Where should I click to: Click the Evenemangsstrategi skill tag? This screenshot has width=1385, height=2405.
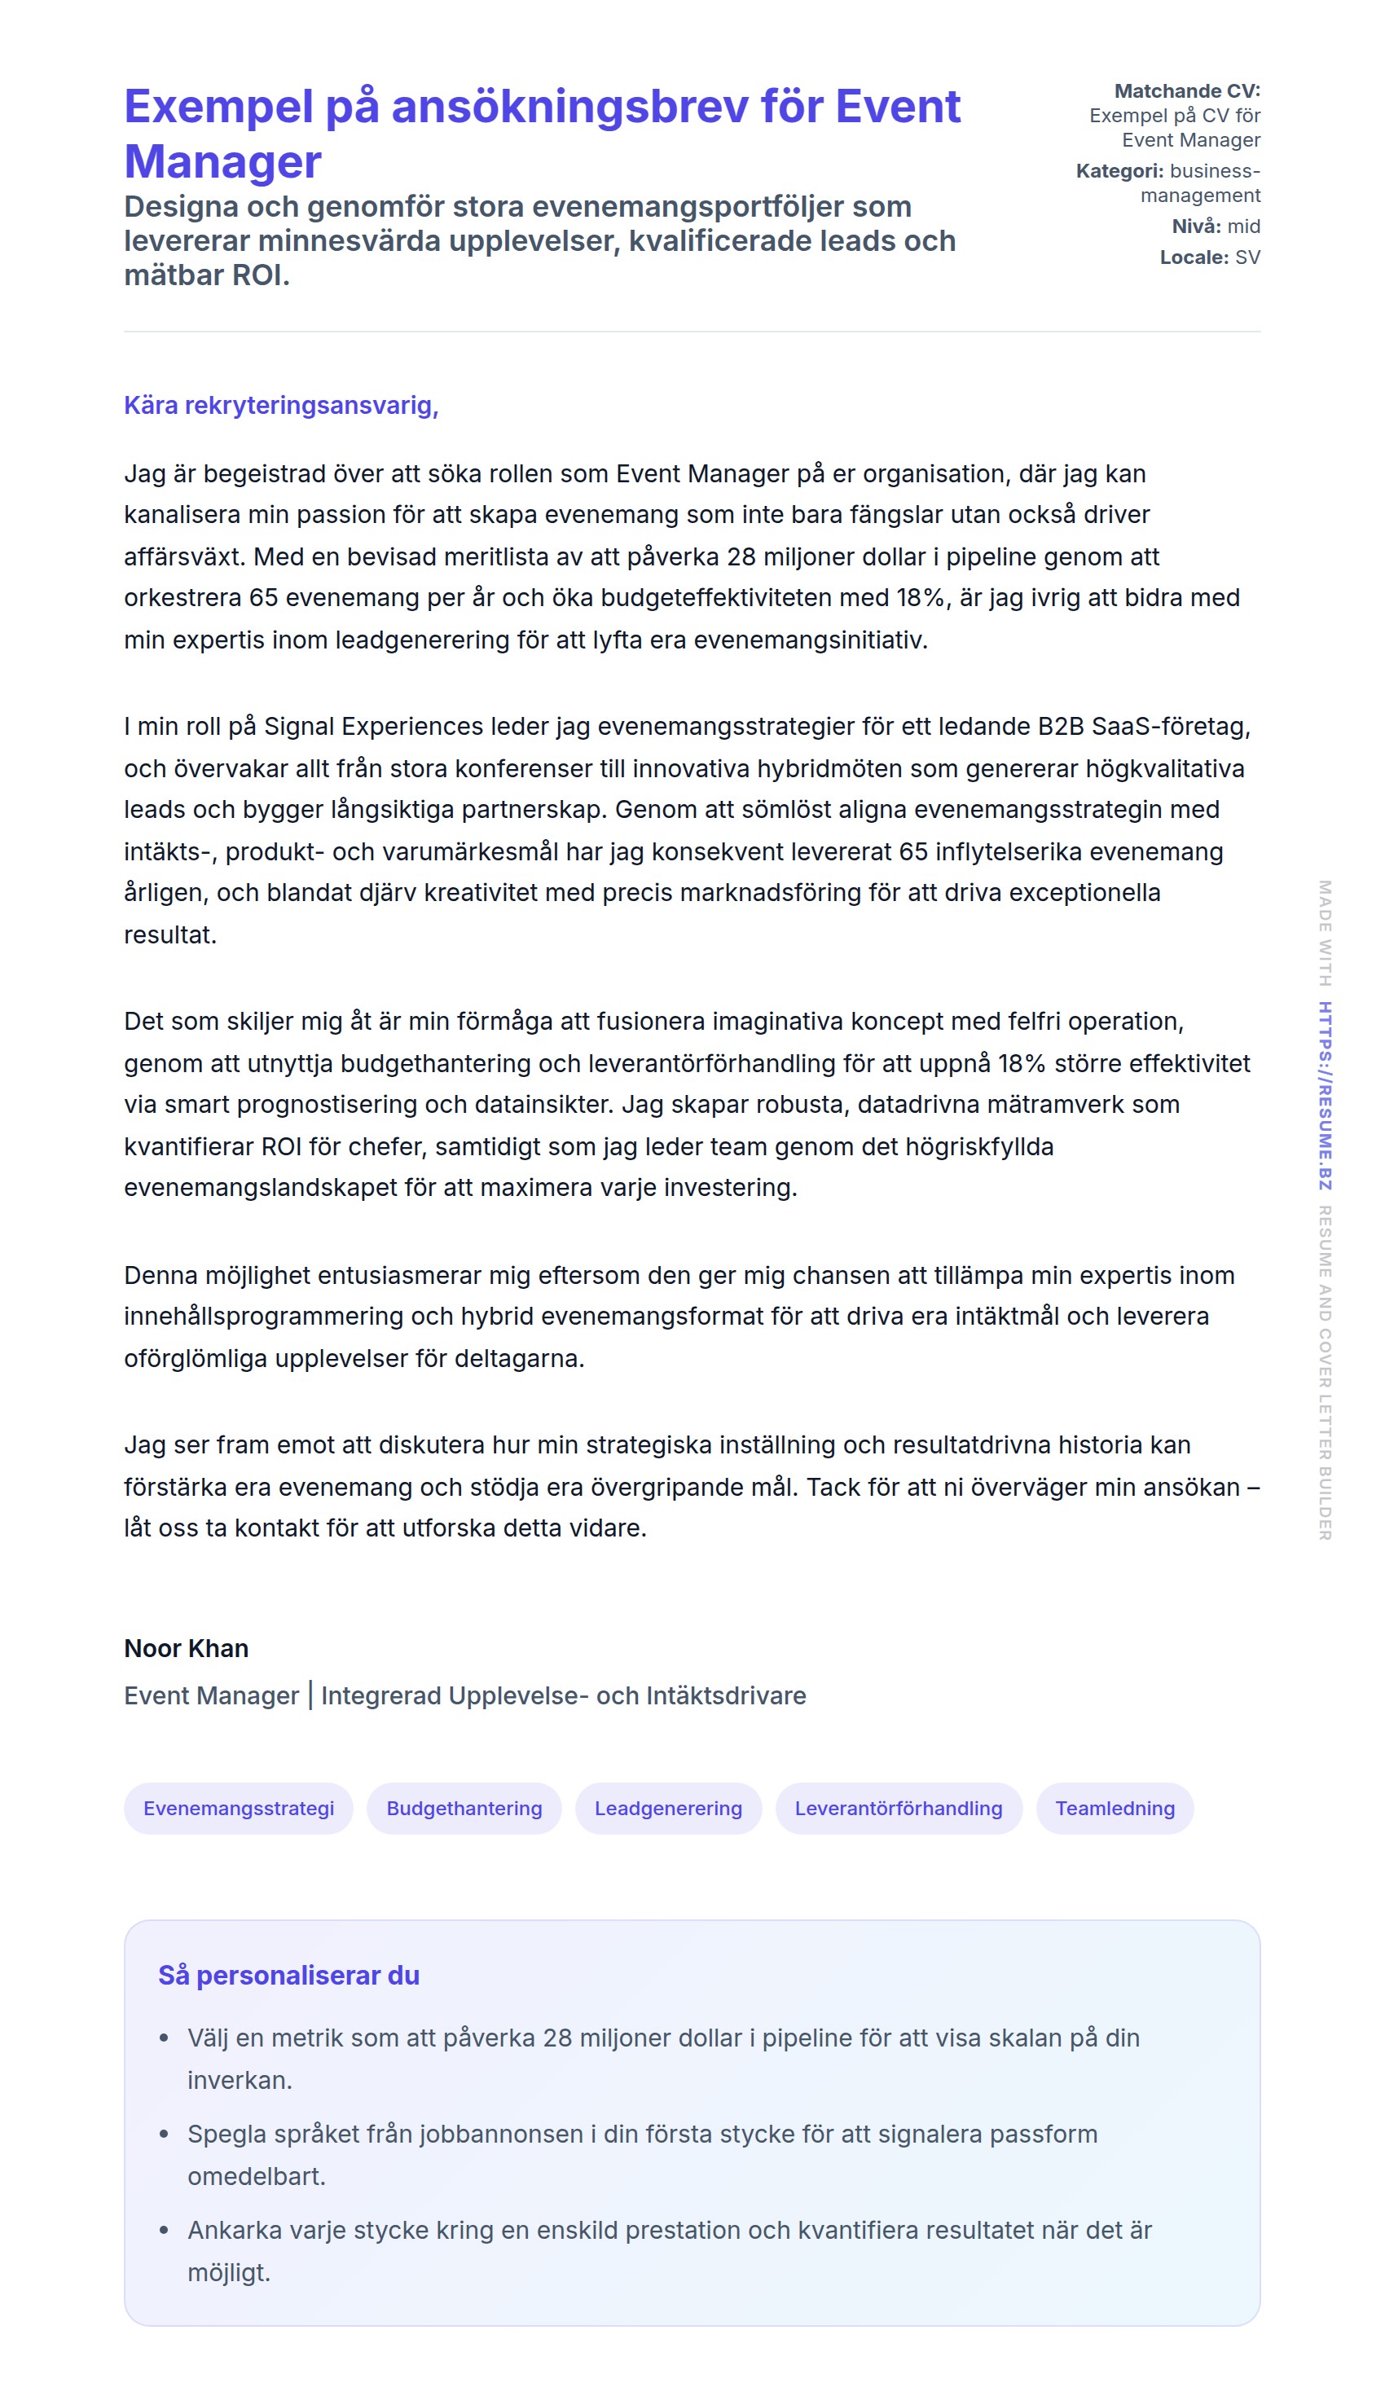(238, 1808)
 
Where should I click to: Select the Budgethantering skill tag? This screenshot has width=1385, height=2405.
(464, 1808)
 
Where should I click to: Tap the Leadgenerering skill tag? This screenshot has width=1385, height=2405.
(668, 1808)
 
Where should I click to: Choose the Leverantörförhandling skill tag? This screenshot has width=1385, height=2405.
(898, 1808)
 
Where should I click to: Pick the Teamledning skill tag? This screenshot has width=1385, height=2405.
(1114, 1808)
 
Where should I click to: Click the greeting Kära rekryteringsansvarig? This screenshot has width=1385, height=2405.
(280, 405)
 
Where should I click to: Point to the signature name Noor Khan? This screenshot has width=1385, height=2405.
(187, 1648)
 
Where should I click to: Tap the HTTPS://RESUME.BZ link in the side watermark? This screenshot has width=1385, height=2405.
(1324, 1095)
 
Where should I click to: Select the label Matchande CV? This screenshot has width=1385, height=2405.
(1186, 91)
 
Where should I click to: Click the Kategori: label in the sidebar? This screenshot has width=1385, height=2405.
(1119, 171)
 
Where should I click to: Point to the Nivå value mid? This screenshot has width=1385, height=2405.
(1243, 226)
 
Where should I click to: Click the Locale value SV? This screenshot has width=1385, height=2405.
(1247, 257)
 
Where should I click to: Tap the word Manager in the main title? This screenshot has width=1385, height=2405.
(223, 161)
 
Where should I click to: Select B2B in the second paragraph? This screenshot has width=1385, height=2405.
(1061, 727)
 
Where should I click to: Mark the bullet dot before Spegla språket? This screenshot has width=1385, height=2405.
(164, 2135)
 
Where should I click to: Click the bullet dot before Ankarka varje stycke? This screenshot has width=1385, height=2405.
(164, 2231)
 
